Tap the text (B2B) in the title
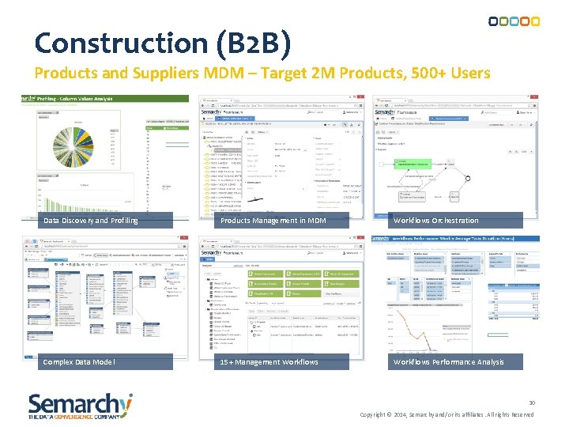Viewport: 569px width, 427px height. pyautogui.click(x=258, y=43)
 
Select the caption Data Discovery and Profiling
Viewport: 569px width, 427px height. pyautogui.click(x=91, y=221)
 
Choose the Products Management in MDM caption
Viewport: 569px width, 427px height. pyautogui.click(x=273, y=221)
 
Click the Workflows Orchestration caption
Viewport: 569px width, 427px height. pyautogui.click(x=435, y=221)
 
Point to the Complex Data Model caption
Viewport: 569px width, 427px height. pyautogui.click(x=79, y=362)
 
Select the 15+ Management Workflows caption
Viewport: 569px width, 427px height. pyautogui.click(x=269, y=362)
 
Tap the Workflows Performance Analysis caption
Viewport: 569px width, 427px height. pyautogui.click(x=448, y=362)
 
